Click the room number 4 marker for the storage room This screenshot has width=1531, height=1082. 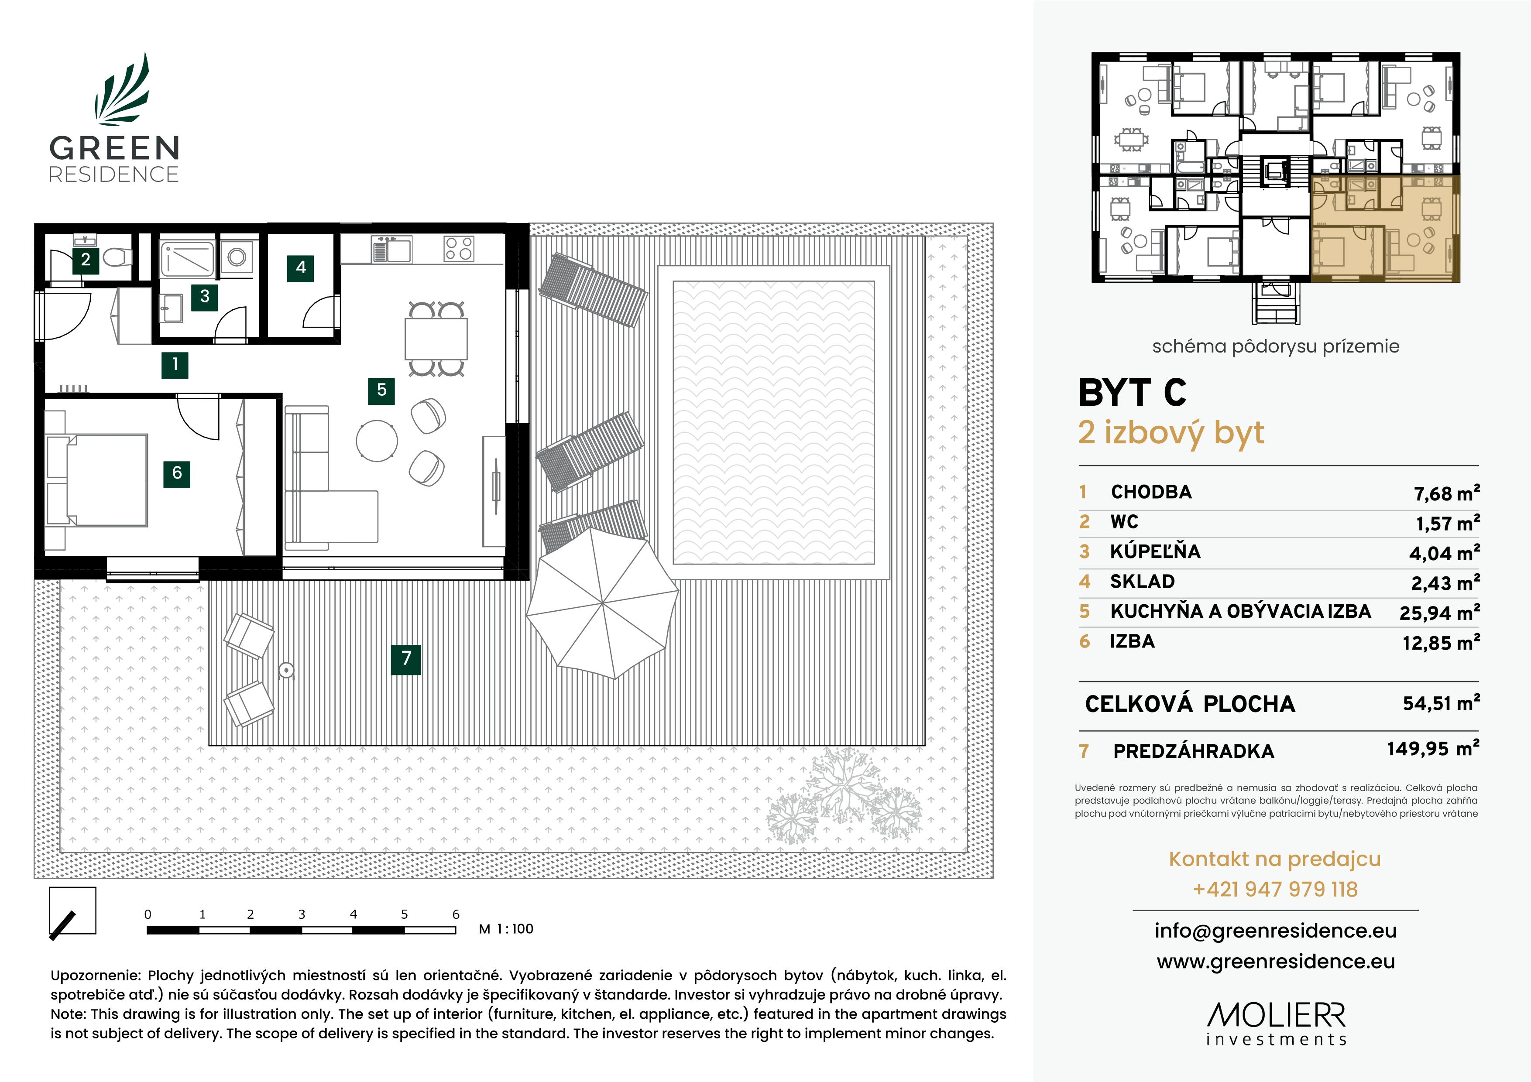(301, 268)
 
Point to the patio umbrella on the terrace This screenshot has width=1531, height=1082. (602, 603)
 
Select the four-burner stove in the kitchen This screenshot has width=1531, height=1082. (459, 249)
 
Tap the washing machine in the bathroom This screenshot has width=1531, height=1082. (237, 257)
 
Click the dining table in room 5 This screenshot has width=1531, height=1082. (436, 339)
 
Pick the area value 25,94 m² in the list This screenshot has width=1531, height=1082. (1439, 612)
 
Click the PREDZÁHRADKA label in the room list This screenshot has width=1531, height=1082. (1194, 751)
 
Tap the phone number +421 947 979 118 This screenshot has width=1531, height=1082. (1275, 889)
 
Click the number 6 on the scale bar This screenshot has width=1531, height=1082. (456, 914)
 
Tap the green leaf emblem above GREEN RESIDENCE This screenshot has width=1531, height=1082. (122, 90)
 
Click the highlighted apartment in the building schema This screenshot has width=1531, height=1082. (1384, 229)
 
